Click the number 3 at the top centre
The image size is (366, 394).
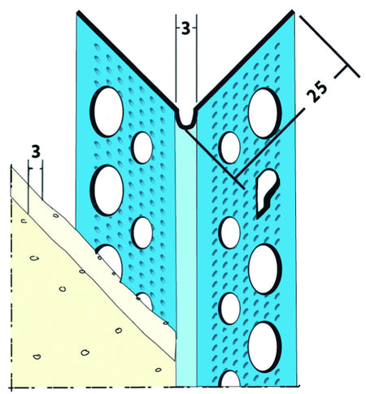185,28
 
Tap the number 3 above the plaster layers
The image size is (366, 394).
36,151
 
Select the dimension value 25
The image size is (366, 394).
316,92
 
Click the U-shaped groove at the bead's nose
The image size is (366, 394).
185,119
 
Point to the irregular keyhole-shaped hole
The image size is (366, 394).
266,193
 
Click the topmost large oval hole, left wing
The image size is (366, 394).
107,111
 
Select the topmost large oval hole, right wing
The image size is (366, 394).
264,113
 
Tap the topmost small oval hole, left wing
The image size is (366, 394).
142,148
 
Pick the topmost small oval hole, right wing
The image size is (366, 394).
229,148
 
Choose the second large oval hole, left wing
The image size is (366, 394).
107,190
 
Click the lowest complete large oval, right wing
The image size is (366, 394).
264,347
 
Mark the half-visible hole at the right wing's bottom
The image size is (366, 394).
230,379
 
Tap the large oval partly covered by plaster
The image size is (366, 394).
110,260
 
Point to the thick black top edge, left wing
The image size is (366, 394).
127,59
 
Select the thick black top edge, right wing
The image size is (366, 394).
245,59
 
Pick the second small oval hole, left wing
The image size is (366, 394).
142,232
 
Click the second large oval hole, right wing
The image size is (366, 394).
264,269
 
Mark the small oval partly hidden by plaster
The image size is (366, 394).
146,300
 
